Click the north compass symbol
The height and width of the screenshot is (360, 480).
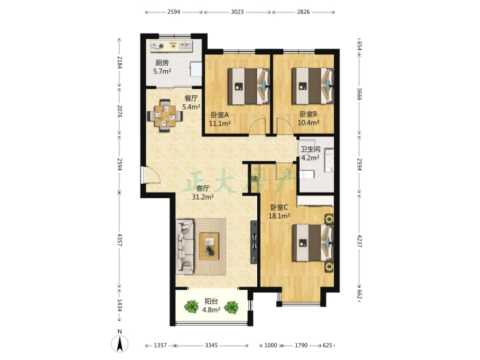point(120,343)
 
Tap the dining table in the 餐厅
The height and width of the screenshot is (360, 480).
point(165,116)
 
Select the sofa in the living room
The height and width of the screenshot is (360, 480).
point(185,246)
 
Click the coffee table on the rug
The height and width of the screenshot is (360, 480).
point(209,246)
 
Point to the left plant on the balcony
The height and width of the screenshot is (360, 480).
point(191,307)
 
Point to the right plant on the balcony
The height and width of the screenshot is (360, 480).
point(231,307)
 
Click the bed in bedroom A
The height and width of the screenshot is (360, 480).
point(248,86)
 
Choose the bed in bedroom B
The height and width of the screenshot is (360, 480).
point(313,86)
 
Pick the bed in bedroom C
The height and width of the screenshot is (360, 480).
point(313,243)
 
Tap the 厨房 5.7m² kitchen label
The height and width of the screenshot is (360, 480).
point(162,67)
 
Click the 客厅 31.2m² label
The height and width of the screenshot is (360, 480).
point(203,193)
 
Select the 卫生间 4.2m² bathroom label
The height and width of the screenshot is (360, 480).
point(311,154)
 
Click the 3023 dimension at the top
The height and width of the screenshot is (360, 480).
point(237,12)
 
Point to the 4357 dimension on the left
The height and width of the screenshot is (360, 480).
point(120,240)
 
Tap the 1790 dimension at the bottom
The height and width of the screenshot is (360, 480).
point(301,346)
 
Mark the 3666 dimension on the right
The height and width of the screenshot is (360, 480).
point(359,94)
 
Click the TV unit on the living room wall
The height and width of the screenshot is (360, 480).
point(254,242)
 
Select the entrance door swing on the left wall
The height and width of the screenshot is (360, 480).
point(150,175)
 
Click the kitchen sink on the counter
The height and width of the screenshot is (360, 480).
point(185,46)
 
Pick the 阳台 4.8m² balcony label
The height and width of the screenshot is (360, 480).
point(211,306)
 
